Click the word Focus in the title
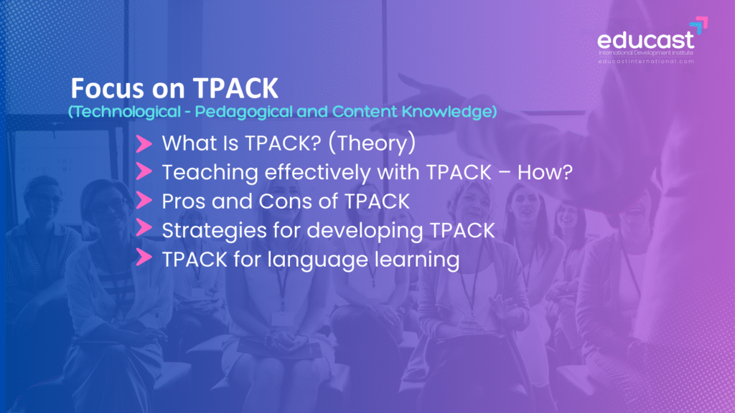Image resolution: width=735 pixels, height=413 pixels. (x=107, y=88)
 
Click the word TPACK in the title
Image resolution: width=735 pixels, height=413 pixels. (x=235, y=88)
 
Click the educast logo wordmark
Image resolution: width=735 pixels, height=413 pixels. (x=645, y=40)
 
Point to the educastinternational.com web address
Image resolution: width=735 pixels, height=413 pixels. (x=646, y=62)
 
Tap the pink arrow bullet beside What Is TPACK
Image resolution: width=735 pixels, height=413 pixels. (x=144, y=143)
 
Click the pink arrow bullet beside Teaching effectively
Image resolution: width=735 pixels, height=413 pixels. (x=144, y=171)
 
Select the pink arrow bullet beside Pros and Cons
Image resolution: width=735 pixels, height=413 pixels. (x=144, y=201)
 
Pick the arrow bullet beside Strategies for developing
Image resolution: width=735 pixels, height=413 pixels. (x=144, y=228)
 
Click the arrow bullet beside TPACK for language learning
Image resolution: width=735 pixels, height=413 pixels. (x=144, y=257)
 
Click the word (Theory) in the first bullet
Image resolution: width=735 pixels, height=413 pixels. (x=372, y=143)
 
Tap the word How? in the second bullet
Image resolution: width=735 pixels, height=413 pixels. (x=545, y=172)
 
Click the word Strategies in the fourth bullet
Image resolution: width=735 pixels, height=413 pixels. (x=214, y=231)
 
